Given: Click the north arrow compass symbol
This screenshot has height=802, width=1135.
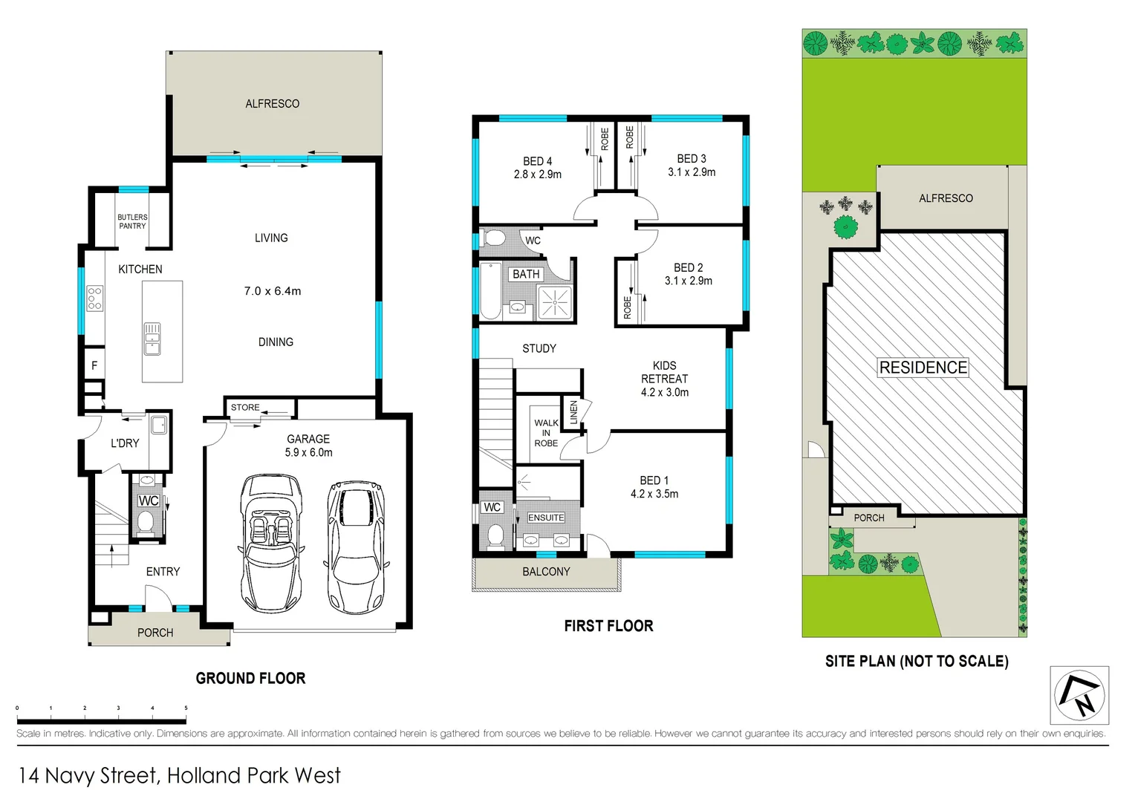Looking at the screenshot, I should [x=1079, y=696].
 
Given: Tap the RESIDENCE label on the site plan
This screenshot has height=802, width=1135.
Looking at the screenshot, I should [x=923, y=368].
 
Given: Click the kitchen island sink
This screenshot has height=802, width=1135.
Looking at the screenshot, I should [x=152, y=339].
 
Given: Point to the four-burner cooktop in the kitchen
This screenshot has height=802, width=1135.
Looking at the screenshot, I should [x=94, y=298].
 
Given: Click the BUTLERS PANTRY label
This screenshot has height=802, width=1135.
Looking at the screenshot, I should [x=132, y=221].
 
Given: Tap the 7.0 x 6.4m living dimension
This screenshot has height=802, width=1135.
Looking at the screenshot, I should [x=273, y=291].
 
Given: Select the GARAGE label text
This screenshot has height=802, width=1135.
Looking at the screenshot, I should [x=308, y=439].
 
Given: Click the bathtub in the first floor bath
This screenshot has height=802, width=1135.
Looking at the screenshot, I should [x=490, y=290].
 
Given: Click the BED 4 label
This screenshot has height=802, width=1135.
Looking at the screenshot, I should [x=537, y=161].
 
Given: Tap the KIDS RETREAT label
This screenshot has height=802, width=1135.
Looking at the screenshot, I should [x=664, y=372].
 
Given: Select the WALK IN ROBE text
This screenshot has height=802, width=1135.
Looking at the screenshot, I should [x=546, y=433].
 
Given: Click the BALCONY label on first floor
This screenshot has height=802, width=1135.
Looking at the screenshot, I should [x=546, y=572].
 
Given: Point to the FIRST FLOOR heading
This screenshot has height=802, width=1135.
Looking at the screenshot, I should [x=608, y=626].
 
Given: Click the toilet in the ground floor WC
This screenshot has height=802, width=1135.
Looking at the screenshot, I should [x=146, y=523].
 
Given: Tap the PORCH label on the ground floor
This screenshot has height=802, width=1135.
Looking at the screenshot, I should [x=155, y=633].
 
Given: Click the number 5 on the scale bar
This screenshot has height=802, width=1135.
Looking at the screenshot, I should [x=186, y=708].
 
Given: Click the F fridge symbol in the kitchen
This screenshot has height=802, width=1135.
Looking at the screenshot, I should [x=94, y=365].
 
